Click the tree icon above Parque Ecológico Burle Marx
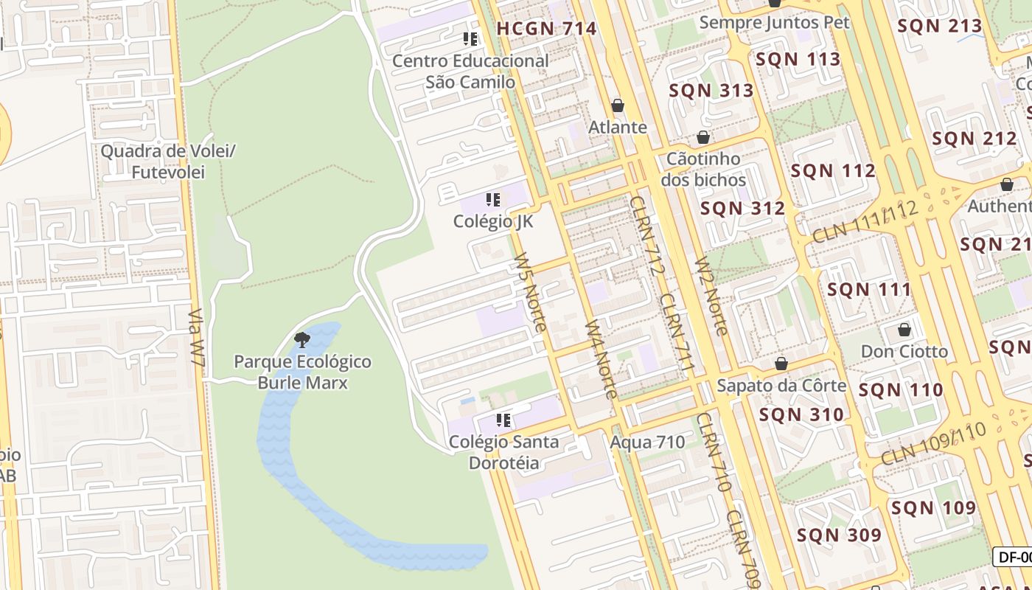(x=301, y=339)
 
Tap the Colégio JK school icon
(x=493, y=199)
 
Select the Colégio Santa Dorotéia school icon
(x=503, y=420)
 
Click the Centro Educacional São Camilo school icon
(x=470, y=38)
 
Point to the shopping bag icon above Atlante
(x=618, y=105)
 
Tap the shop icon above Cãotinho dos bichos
(x=703, y=137)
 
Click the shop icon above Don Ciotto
(x=904, y=329)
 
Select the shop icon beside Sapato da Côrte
(x=781, y=364)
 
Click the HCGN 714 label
(x=545, y=29)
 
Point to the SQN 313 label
(x=711, y=91)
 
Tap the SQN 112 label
(x=833, y=171)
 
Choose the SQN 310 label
(x=801, y=414)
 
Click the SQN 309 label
(x=839, y=535)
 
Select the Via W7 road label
(x=196, y=342)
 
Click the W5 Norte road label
(x=531, y=291)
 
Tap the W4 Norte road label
(x=601, y=358)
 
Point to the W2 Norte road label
(x=711, y=295)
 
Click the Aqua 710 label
(x=647, y=442)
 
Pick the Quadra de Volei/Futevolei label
(x=167, y=162)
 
